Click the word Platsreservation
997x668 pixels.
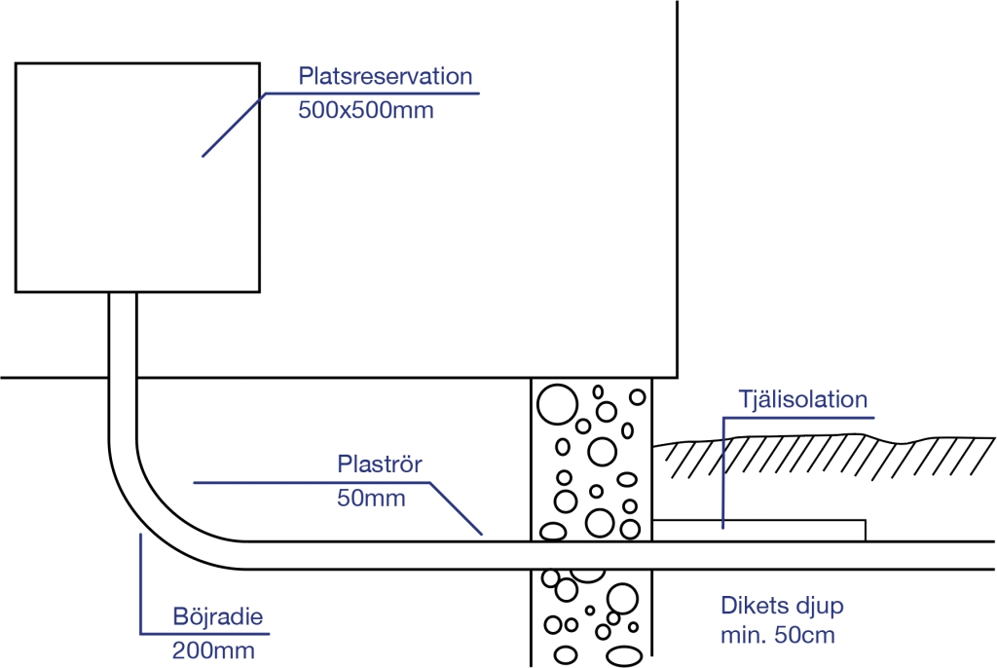[385, 77]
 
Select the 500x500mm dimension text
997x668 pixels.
[365, 110]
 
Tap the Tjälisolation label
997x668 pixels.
[802, 399]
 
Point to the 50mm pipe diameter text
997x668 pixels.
[370, 499]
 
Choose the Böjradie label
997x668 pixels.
[218, 616]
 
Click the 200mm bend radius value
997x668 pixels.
[213, 649]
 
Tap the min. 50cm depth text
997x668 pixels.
[778, 637]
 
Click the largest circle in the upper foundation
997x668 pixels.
[557, 404]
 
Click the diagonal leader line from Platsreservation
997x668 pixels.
[232, 125]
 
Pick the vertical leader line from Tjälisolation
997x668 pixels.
[723, 472]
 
